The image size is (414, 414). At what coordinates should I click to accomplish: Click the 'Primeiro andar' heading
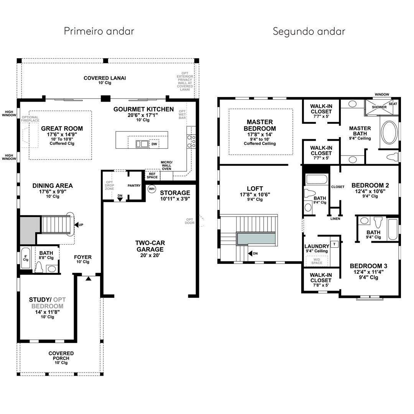[99, 31]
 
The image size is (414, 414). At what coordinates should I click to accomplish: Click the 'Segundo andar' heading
[309, 31]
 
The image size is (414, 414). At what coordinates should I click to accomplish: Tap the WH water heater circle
[151, 189]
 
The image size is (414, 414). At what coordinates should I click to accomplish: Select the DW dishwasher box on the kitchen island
[154, 144]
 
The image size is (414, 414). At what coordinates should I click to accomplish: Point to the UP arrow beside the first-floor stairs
[77, 225]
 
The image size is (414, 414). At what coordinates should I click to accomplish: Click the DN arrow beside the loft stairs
[250, 253]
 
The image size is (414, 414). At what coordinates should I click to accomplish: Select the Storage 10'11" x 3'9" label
[175, 195]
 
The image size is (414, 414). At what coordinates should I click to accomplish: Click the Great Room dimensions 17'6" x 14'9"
[62, 135]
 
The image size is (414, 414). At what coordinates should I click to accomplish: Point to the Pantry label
[134, 186]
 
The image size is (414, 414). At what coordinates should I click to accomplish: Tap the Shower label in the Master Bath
[379, 107]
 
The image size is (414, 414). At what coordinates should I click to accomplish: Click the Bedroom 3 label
[368, 266]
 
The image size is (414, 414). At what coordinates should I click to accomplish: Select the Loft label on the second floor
[255, 189]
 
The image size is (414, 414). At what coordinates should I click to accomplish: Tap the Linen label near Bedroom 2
[335, 219]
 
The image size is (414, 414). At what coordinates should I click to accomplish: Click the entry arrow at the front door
[89, 279]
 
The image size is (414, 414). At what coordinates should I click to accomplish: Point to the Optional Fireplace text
[30, 119]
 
